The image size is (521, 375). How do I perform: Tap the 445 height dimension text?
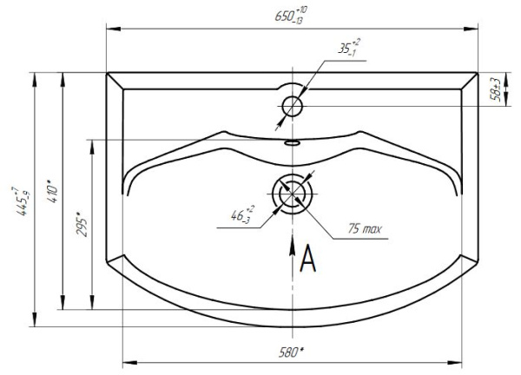pyautogui.click(x=18, y=201)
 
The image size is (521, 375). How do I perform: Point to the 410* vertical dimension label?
pyautogui.click(x=50, y=189)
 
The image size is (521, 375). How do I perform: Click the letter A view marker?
pyautogui.click(x=307, y=258)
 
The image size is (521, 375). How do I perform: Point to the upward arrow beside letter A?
pyautogui.click(x=292, y=252)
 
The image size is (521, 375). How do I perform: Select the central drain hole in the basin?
pyautogui.click(x=292, y=192)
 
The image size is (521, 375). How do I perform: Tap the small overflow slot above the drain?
pyautogui.click(x=292, y=141)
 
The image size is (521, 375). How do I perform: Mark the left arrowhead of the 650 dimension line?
pyautogui.click(x=110, y=27)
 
